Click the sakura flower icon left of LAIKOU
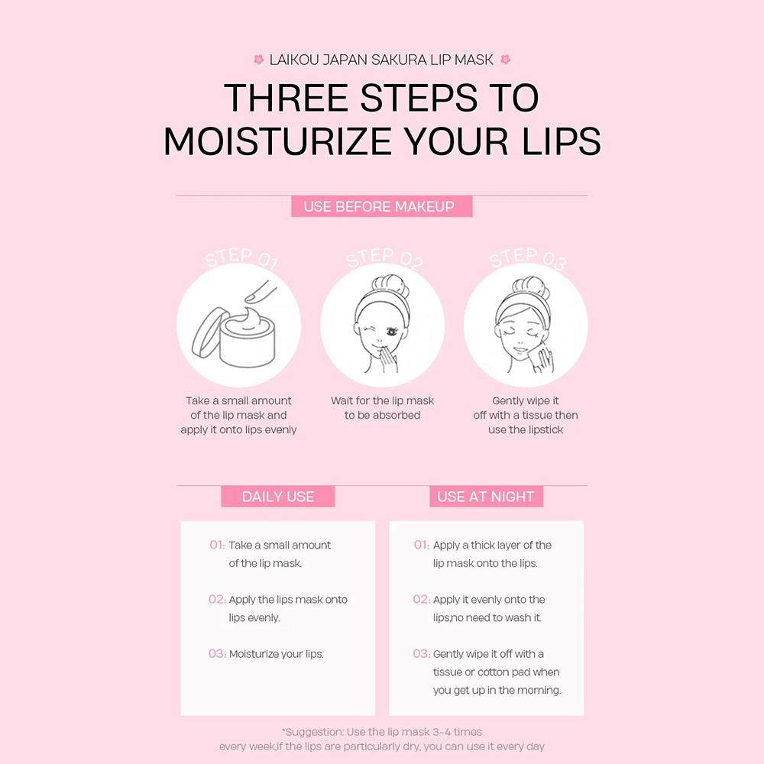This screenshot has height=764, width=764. tap(259, 60)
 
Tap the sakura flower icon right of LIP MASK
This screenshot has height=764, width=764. tap(505, 60)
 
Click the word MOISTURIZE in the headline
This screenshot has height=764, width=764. tap(277, 141)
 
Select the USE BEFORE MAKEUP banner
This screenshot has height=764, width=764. tap(381, 206)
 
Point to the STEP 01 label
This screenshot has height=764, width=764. tap(241, 257)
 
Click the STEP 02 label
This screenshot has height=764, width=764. tap(384, 257)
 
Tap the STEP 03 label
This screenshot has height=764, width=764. tap(528, 257)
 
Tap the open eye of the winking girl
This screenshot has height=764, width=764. tap(391, 332)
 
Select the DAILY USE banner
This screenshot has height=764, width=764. tap(278, 497)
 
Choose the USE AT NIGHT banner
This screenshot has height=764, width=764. tap(486, 497)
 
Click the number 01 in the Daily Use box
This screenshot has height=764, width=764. tap(217, 545)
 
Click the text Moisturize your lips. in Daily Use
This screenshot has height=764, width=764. tap(277, 654)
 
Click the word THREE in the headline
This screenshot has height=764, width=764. tap(286, 98)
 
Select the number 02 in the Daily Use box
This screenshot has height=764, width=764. tap(217, 599)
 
